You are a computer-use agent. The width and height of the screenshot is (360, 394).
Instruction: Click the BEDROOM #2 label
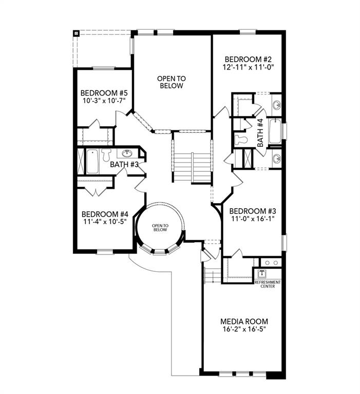[247, 58]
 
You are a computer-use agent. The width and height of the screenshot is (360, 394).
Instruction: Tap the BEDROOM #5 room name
[104, 93]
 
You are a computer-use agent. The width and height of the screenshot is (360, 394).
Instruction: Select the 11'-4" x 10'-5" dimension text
[104, 222]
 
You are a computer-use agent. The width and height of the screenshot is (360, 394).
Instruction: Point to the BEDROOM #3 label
[253, 211]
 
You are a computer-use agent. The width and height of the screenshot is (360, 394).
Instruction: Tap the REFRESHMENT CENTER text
[268, 284]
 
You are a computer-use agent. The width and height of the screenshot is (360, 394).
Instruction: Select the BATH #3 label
[125, 164]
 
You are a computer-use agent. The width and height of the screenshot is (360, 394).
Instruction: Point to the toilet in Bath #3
[107, 154]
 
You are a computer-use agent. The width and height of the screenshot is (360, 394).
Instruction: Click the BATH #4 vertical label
[260, 133]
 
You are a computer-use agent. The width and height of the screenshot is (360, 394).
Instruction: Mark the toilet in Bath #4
[240, 140]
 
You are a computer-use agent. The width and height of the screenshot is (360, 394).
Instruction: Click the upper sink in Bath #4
[276, 105]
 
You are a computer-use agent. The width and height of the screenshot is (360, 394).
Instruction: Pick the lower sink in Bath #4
[276, 158]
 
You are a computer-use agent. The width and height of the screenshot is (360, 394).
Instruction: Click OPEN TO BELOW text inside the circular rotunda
[160, 228]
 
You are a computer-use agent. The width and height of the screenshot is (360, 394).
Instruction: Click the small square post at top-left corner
[76, 34]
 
